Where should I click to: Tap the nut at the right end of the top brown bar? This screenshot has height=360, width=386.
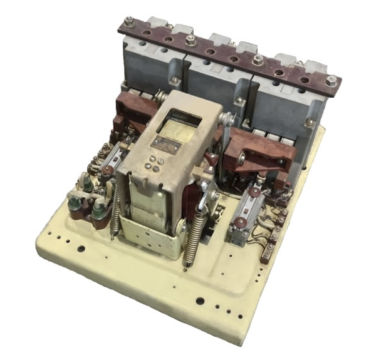(x=332, y=81)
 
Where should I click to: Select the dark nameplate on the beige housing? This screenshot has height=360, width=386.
(x=166, y=145)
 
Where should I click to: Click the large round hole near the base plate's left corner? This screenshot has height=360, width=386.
(x=80, y=249)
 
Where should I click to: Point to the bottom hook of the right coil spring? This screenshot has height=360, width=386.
(x=186, y=267)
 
